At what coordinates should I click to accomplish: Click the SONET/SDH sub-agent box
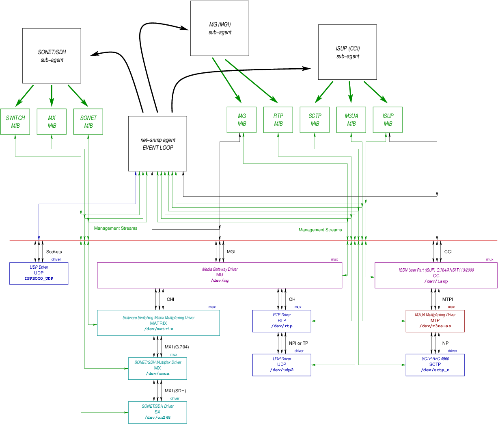pyautogui.click(x=52, y=56)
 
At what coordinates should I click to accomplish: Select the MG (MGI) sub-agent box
pyautogui.click(x=220, y=28)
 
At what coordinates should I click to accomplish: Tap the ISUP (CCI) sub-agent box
pyautogui.click(x=347, y=52)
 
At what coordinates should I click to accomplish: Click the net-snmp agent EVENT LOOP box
pyautogui.click(x=157, y=144)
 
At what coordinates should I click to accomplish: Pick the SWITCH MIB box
pyautogui.click(x=15, y=122)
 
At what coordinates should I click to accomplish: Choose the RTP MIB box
pyautogui.click(x=278, y=120)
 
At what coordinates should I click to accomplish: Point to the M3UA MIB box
pyautogui.click(x=351, y=120)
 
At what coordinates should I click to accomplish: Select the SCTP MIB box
pyautogui.click(x=315, y=120)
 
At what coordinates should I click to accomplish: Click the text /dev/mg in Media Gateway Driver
pyautogui.click(x=220, y=280)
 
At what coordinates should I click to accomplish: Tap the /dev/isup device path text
pyautogui.click(x=436, y=281)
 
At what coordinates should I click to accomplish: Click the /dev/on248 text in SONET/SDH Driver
pyautogui.click(x=157, y=417)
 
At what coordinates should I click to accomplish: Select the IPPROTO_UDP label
pyautogui.click(x=39, y=278)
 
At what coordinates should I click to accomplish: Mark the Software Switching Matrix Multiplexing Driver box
pyautogui.click(x=158, y=323)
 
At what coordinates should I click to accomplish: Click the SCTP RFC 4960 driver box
pyautogui.click(x=435, y=365)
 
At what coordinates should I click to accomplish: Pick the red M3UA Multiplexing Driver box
pyautogui.click(x=435, y=321)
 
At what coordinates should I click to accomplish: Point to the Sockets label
pyautogui.click(x=54, y=252)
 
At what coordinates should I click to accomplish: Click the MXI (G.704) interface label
pyautogui.click(x=177, y=347)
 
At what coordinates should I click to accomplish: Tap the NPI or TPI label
pyautogui.click(x=299, y=344)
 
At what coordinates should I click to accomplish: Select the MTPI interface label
pyautogui.click(x=447, y=300)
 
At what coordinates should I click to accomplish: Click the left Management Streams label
pyautogui.click(x=115, y=228)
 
